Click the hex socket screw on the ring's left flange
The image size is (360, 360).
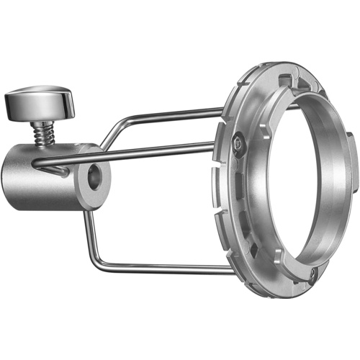(x=239, y=145)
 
